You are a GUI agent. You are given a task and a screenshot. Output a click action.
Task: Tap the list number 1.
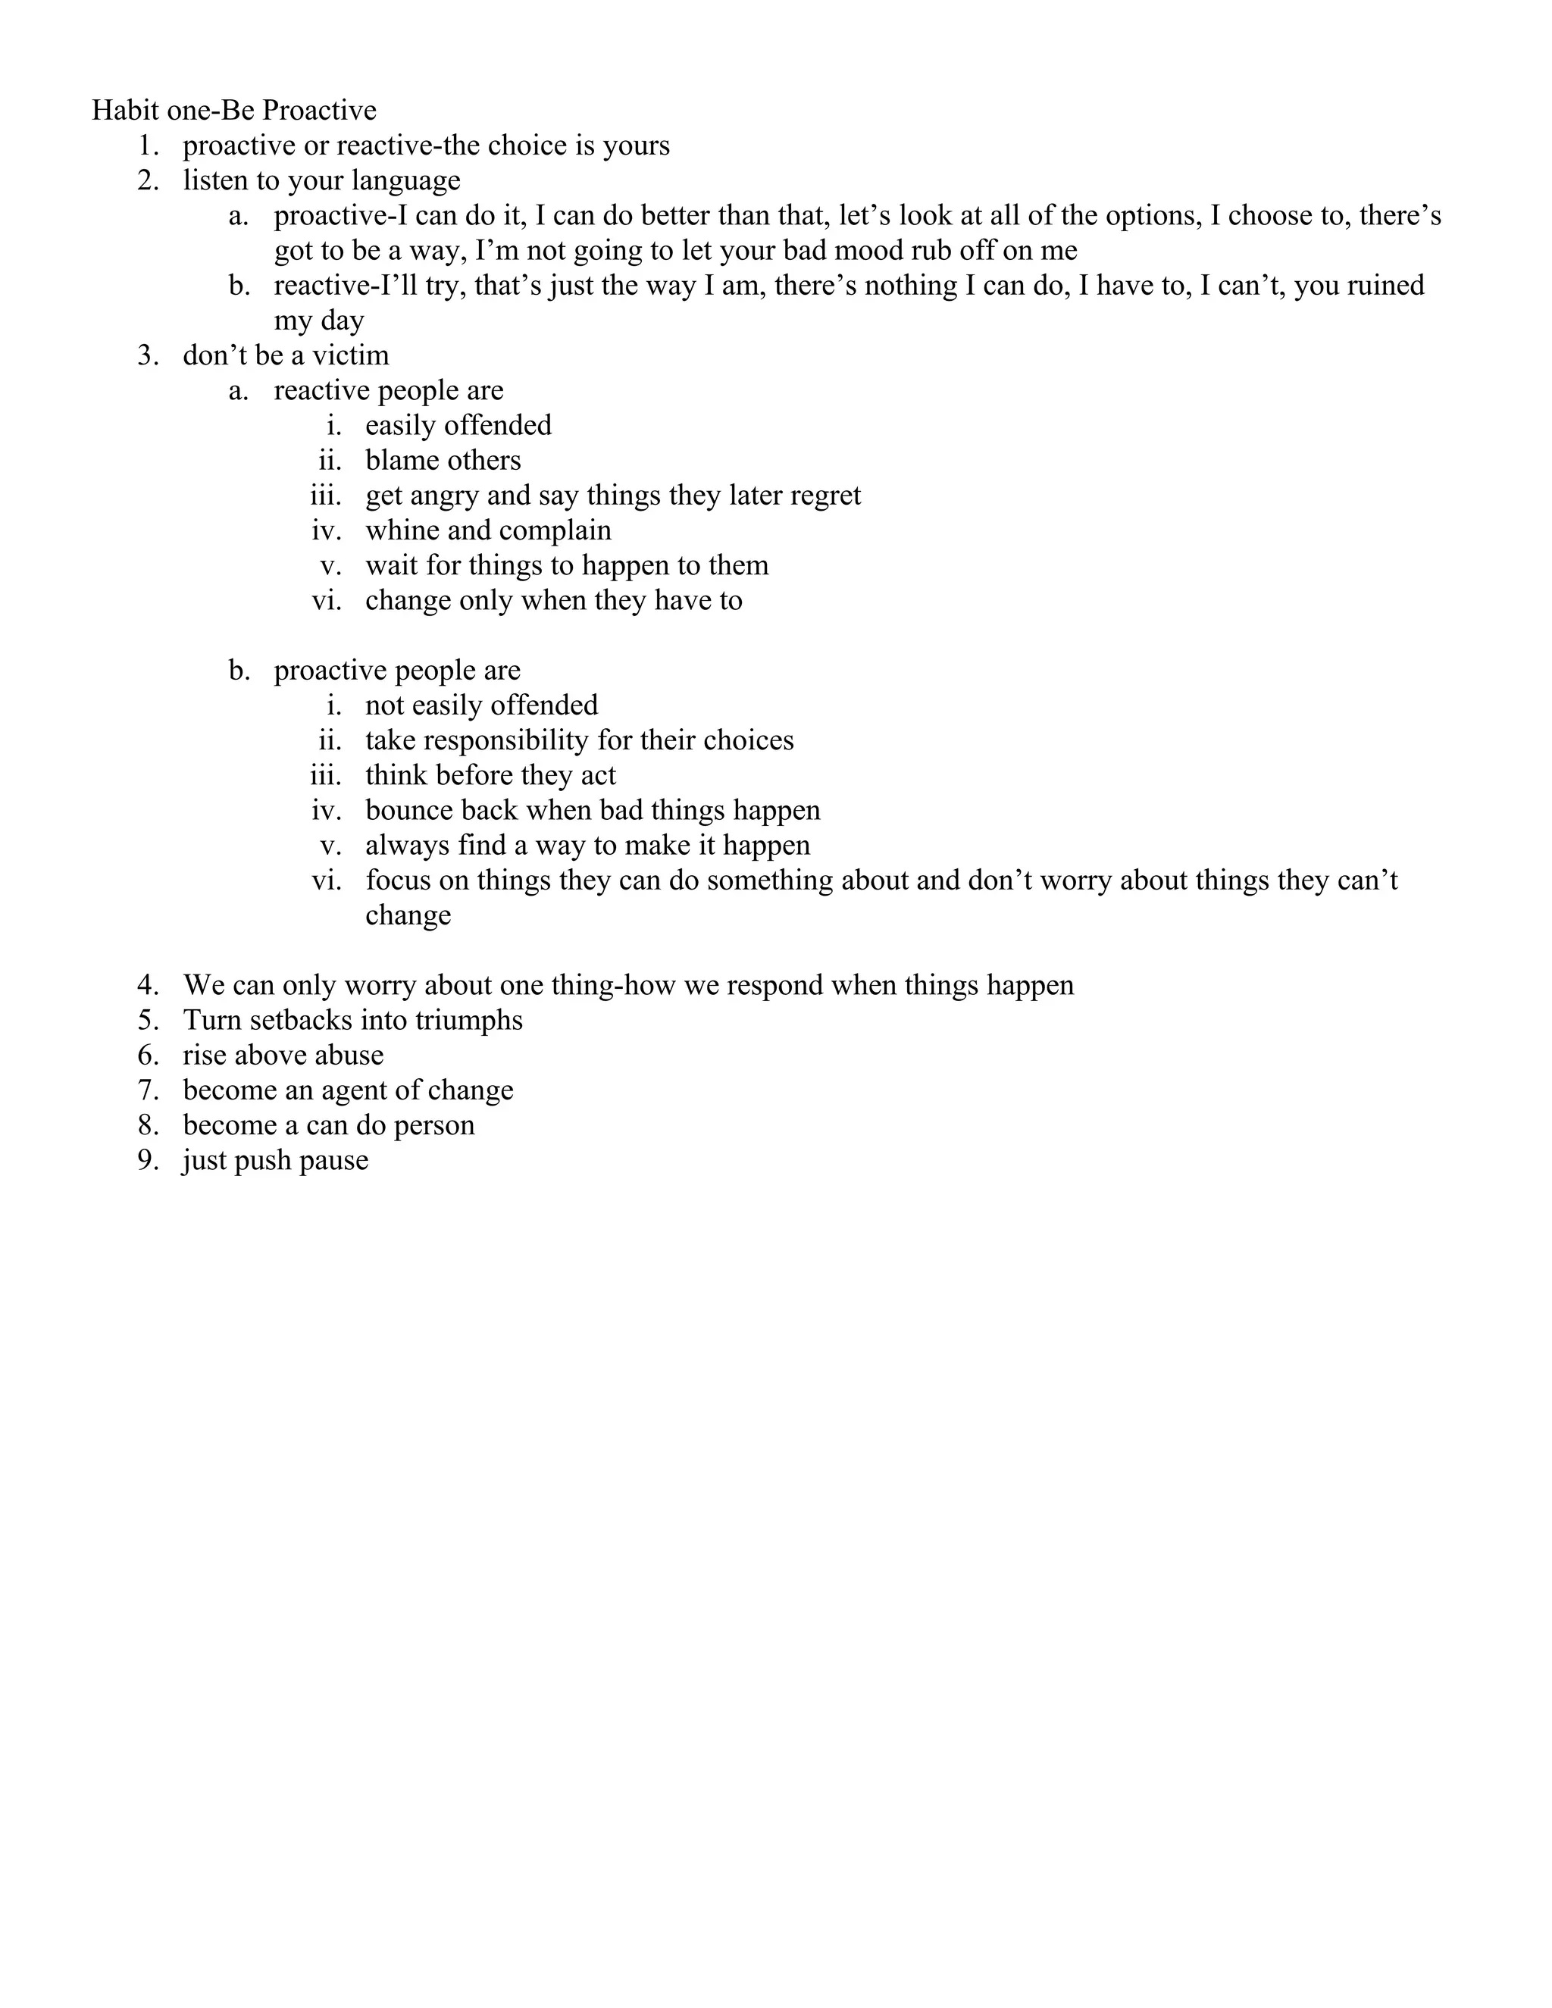[148, 145]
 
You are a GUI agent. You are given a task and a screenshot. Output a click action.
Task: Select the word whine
[402, 530]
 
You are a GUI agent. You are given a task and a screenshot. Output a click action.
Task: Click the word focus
[397, 880]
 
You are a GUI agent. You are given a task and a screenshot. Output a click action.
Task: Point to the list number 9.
[148, 1160]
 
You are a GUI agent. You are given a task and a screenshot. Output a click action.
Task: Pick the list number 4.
[148, 986]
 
